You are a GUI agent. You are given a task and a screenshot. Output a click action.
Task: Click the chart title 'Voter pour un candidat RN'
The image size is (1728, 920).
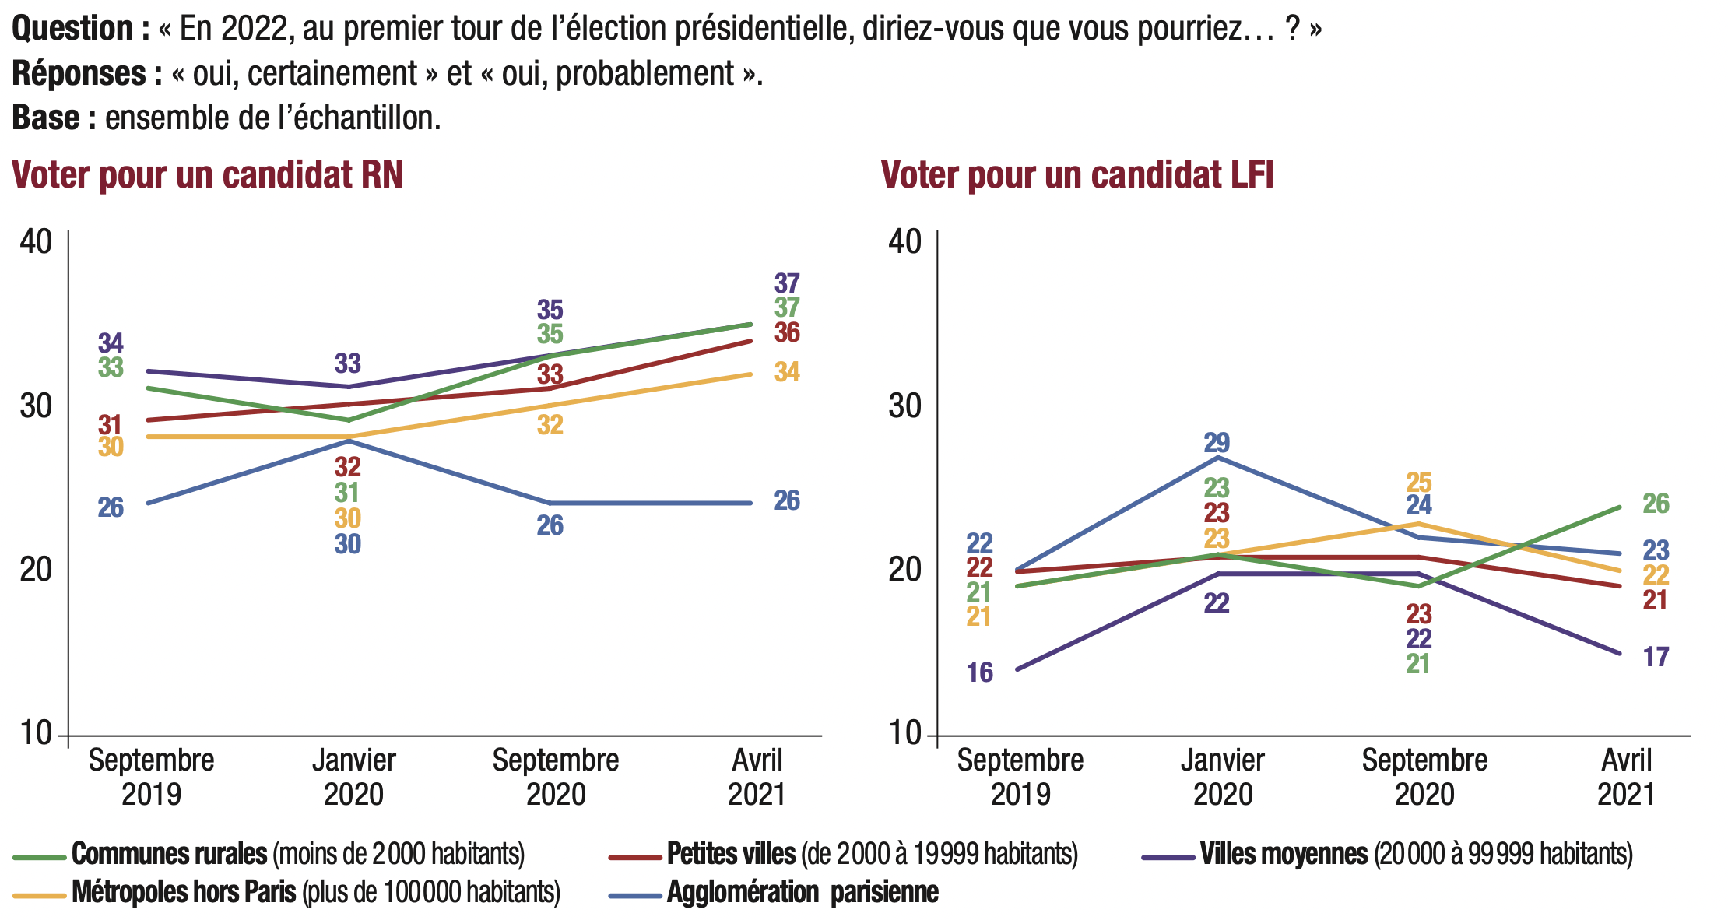point(208,175)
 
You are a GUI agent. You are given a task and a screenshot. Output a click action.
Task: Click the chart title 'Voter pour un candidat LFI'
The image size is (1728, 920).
point(1076,175)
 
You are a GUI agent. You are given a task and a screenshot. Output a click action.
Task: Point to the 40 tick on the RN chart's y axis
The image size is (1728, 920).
point(36,241)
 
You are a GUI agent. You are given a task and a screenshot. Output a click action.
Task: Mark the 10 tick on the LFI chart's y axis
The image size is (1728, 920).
point(904,733)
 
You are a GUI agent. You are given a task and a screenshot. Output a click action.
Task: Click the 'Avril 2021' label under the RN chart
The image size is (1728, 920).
point(757,777)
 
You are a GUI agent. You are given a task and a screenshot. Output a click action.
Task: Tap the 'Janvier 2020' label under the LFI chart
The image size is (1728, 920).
point(1222,777)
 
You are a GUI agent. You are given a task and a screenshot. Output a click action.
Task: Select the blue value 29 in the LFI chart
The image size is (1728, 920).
point(1217,443)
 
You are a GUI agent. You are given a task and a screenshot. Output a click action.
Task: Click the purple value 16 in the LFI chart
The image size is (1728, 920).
point(980,672)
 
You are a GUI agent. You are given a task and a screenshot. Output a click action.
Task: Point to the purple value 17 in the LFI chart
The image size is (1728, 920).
point(1656,657)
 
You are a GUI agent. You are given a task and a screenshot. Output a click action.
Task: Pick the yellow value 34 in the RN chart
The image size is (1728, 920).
point(787,372)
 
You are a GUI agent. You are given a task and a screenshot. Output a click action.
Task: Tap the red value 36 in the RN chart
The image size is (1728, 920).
point(787,333)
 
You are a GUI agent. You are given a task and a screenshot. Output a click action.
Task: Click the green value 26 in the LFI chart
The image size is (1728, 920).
point(1656,504)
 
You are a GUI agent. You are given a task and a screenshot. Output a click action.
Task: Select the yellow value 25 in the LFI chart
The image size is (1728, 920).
point(1419,482)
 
